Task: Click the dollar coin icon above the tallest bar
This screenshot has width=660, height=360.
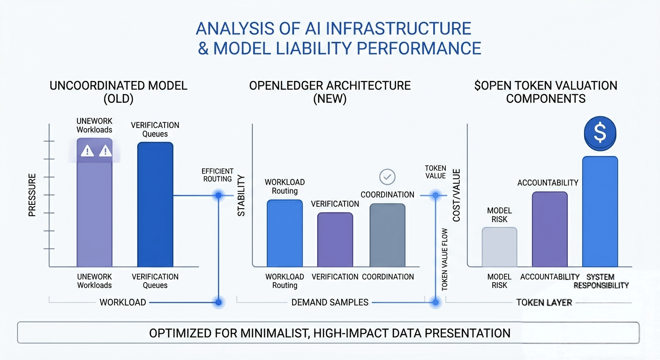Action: tap(600, 133)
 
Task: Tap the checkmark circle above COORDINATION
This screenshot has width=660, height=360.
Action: tap(387, 177)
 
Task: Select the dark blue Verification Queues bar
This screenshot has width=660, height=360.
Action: tap(155, 204)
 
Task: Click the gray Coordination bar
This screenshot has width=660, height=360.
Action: tap(388, 235)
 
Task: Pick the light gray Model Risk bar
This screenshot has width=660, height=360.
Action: tap(499, 247)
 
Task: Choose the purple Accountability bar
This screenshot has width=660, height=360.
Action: tap(550, 229)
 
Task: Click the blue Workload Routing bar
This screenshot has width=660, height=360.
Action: tap(285, 233)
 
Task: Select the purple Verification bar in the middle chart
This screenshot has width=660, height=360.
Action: tap(335, 240)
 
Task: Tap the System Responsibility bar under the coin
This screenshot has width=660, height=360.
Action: tap(600, 211)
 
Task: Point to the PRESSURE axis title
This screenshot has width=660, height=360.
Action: tap(32, 195)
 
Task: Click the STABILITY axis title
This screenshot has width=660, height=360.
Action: tap(241, 195)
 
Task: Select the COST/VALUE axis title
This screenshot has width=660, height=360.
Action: tap(456, 195)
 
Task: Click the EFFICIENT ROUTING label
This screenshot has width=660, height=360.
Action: tap(217, 175)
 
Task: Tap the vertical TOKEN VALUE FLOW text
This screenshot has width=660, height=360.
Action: tap(445, 260)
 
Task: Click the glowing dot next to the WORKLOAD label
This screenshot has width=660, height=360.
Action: tap(218, 302)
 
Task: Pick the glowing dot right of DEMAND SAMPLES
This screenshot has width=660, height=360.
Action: tap(435, 302)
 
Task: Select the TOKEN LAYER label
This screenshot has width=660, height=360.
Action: tap(544, 302)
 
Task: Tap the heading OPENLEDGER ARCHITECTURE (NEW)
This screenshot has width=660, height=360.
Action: tap(330, 92)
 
